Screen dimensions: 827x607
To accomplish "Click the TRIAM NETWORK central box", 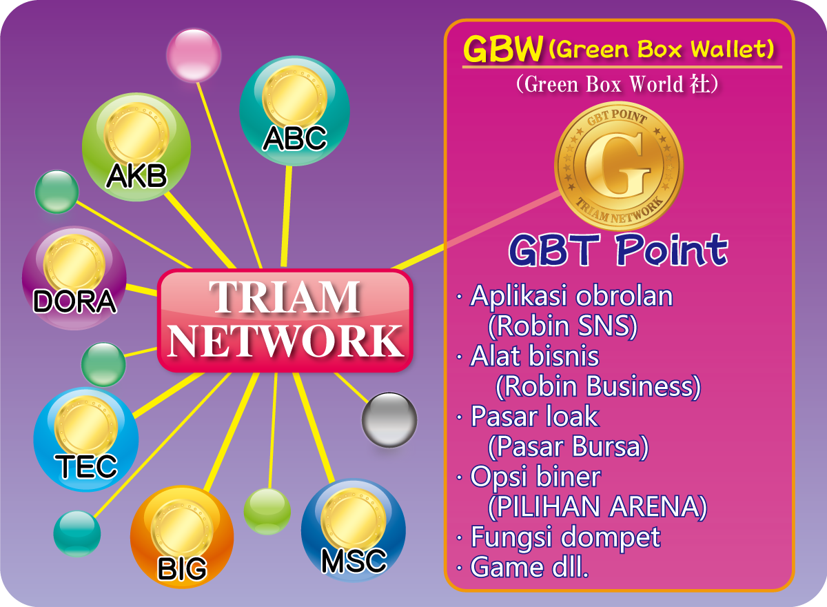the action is click(x=285, y=320).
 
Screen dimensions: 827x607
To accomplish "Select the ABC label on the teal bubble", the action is click(x=295, y=138).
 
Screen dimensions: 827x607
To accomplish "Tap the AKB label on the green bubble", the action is click(x=136, y=176).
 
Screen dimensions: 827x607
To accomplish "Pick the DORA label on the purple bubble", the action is click(x=74, y=301).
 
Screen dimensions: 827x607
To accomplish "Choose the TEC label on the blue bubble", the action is click(x=86, y=466).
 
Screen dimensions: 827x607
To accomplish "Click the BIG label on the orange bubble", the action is click(x=182, y=568).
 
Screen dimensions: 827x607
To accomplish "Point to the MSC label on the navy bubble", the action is click(x=354, y=561).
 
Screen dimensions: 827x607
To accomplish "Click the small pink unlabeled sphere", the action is click(x=194, y=55).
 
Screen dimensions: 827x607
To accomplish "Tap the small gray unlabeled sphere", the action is click(x=389, y=420).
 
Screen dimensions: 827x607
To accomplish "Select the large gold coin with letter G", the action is click(x=619, y=166).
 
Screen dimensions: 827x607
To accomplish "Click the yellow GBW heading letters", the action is click(x=503, y=49).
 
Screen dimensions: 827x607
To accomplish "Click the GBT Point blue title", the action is click(x=618, y=250).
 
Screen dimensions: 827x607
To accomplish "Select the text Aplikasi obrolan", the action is click(x=571, y=296).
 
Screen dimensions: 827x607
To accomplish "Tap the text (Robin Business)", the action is click(x=598, y=386).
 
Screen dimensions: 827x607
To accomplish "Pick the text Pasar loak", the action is click(x=535, y=416).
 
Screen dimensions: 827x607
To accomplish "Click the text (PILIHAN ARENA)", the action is click(x=598, y=506).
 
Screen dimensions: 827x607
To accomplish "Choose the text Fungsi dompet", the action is click(x=566, y=537).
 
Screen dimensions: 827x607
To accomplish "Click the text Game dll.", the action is click(x=529, y=567).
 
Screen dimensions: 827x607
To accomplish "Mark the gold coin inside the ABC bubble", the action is click(x=295, y=97).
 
